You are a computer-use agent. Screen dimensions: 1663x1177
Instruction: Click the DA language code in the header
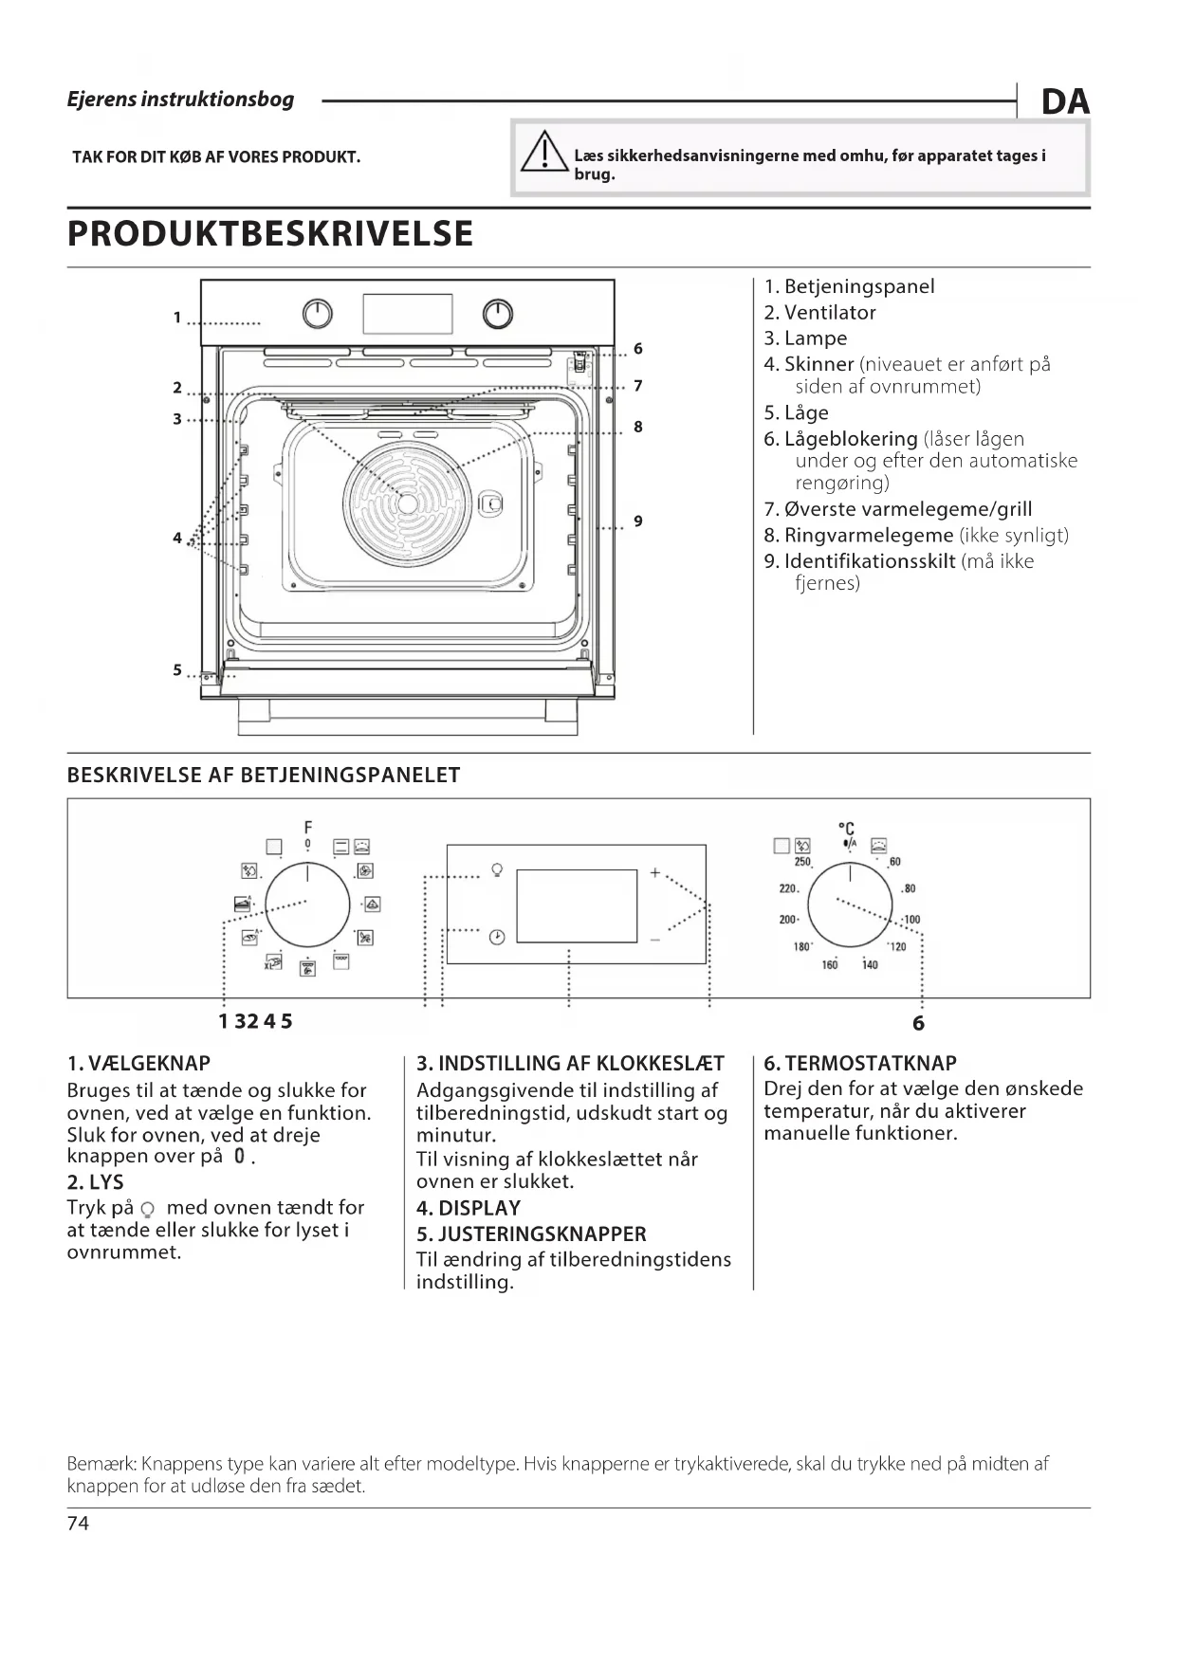[1065, 101]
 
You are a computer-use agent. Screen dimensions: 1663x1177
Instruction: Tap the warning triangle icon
[543, 155]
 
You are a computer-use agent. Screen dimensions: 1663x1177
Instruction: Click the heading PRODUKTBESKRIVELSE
[270, 233]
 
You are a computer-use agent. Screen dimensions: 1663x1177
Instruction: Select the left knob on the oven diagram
[319, 313]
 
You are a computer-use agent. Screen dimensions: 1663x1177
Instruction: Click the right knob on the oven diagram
[498, 313]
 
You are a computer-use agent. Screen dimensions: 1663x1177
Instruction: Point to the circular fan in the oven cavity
[407, 503]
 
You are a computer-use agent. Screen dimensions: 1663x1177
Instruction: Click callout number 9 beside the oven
[638, 521]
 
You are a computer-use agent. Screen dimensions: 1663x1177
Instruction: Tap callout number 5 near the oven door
[177, 669]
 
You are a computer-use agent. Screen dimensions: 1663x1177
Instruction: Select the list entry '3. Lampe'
[805, 338]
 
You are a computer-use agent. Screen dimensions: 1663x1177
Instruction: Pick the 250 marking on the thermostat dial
[802, 862]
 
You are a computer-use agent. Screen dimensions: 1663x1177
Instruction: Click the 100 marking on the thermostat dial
[911, 920]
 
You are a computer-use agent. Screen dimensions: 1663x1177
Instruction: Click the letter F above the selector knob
[308, 827]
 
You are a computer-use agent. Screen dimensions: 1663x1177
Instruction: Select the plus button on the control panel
[654, 872]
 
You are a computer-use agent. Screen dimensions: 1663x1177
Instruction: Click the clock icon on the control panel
[496, 937]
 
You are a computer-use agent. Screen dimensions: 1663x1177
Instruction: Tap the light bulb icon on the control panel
[496, 869]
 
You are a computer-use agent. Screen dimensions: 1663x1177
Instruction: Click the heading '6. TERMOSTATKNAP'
[859, 1064]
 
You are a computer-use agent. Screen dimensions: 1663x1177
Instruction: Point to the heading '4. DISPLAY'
[469, 1209]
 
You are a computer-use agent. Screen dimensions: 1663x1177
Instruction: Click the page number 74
[78, 1524]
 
